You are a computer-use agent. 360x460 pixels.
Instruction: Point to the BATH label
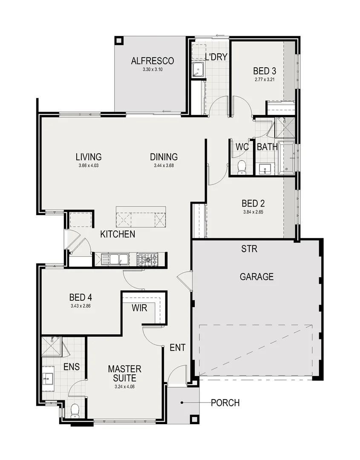click(x=267, y=147)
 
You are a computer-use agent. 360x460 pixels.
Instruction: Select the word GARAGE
click(x=256, y=277)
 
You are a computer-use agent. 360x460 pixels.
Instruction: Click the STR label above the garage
click(x=249, y=249)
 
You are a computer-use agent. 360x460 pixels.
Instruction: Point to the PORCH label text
click(x=225, y=402)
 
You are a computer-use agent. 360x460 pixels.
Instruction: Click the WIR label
click(x=139, y=308)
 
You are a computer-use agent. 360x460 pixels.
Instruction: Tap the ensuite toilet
click(x=75, y=410)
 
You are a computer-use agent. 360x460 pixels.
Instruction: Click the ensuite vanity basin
click(x=47, y=377)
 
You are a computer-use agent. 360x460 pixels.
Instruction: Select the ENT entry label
click(x=177, y=348)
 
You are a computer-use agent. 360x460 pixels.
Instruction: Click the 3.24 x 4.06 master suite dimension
click(x=124, y=387)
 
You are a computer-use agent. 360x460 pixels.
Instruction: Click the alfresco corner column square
click(x=119, y=40)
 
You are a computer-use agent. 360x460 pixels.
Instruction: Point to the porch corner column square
click(x=194, y=418)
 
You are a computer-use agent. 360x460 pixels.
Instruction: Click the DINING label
click(x=164, y=157)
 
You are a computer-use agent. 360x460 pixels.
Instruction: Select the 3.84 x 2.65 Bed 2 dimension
click(x=250, y=211)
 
